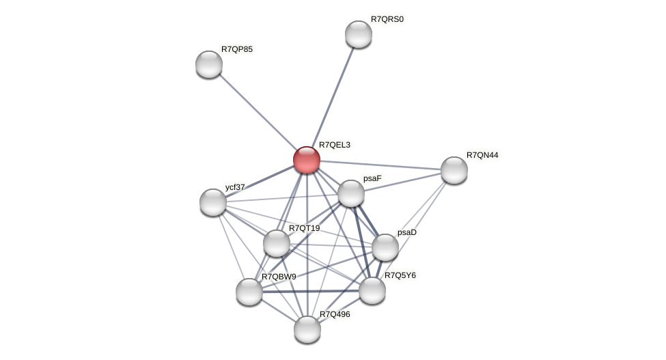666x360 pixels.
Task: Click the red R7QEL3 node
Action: [x=307, y=160]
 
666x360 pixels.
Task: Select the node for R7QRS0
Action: [x=359, y=34]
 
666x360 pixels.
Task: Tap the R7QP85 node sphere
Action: [x=209, y=64]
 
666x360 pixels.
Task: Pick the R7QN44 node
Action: [x=454, y=170]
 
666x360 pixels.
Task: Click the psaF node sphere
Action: [x=351, y=193]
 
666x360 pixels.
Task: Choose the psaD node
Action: [x=385, y=247]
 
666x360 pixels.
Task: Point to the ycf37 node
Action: [x=213, y=202]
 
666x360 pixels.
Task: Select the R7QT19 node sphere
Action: [x=277, y=243]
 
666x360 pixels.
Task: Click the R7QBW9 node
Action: [x=249, y=292]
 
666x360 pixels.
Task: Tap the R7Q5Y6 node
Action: [x=372, y=290]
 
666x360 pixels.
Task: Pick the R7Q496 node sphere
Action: [x=307, y=329]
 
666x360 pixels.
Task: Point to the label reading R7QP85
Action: [x=236, y=49]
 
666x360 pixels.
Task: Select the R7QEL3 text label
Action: [x=335, y=145]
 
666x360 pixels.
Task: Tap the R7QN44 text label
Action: [x=482, y=155]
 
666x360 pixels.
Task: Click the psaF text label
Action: [x=372, y=178]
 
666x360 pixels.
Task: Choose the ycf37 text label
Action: [x=235, y=186]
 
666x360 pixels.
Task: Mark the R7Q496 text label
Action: [x=335, y=314]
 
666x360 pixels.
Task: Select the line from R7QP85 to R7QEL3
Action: [x=258, y=112]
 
